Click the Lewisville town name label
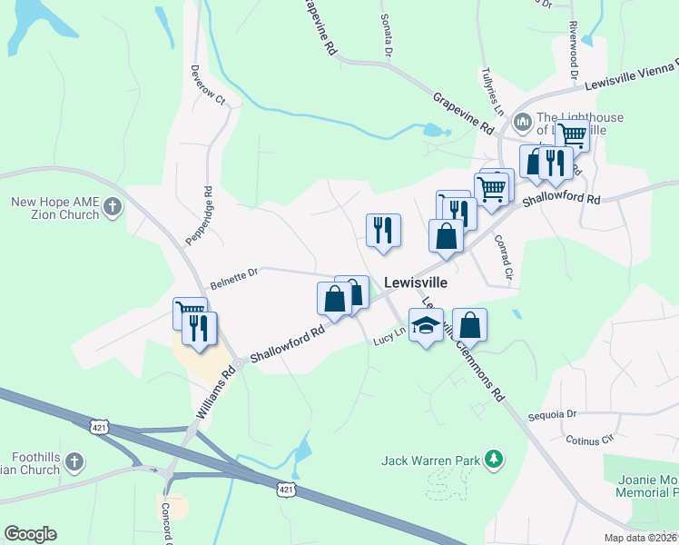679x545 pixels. click(416, 282)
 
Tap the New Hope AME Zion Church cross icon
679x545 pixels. click(113, 207)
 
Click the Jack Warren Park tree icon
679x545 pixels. click(493, 460)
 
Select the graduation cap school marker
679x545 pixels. click(425, 326)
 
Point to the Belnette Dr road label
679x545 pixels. click(235, 277)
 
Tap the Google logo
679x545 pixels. click(30, 534)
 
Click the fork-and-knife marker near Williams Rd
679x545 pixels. click(199, 328)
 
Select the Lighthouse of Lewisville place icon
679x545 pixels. click(522, 121)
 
